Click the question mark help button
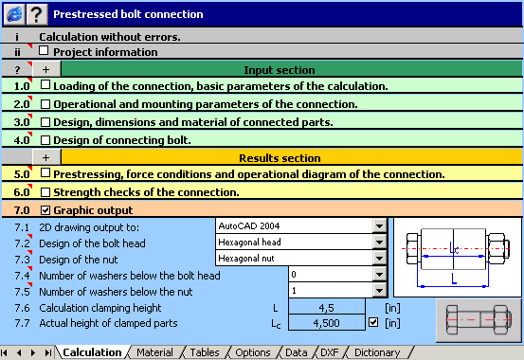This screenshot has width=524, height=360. click(x=36, y=13)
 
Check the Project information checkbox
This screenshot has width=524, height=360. click(x=45, y=52)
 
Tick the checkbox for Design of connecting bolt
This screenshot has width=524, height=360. click(x=45, y=140)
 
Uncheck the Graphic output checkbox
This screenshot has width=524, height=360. click(x=45, y=209)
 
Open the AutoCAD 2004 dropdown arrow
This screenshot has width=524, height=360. click(x=379, y=226)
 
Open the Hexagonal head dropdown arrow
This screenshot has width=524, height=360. click(x=379, y=242)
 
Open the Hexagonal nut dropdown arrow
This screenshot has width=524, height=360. click(x=379, y=257)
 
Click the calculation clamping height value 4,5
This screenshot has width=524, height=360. click(x=325, y=308)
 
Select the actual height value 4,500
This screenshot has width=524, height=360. click(x=325, y=323)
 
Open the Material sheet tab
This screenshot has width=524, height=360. click(x=154, y=352)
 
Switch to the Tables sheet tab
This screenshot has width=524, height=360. click(x=204, y=352)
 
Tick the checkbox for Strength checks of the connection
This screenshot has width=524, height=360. click(x=45, y=192)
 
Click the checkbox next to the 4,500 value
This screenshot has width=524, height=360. click(x=372, y=323)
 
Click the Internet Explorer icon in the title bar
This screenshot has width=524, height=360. click(x=13, y=13)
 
